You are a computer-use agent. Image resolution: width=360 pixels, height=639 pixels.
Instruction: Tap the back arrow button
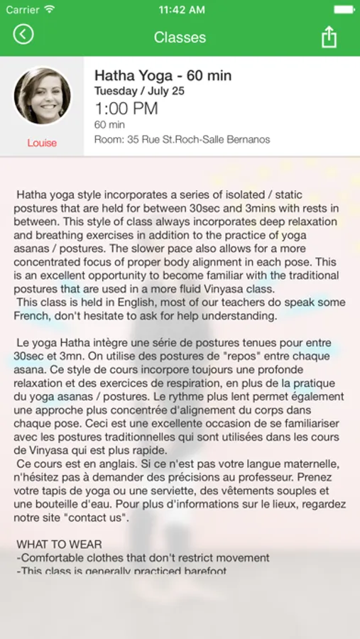tap(23, 34)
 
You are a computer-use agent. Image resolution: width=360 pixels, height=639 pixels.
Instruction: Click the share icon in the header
tap(329, 36)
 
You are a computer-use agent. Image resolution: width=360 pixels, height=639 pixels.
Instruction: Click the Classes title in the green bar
tap(180, 37)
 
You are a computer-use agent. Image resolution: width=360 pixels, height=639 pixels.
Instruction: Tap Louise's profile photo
tap(42, 97)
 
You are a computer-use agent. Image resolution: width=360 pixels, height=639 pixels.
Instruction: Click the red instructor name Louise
tap(42, 143)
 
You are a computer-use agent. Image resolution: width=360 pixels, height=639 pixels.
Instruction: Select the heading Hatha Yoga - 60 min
tap(163, 76)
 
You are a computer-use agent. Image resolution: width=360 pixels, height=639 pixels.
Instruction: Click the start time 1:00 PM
tap(126, 109)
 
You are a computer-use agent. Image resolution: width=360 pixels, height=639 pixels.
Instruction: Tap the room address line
tap(182, 139)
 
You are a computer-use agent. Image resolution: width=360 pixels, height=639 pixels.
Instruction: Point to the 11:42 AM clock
tap(180, 10)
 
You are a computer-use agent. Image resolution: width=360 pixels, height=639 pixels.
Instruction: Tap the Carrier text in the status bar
tap(23, 10)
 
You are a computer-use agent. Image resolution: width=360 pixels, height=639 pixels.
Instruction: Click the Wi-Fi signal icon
tap(49, 10)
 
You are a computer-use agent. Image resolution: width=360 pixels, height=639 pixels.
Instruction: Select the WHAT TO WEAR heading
tap(59, 544)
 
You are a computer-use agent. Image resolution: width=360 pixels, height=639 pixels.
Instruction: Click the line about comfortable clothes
tap(143, 557)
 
